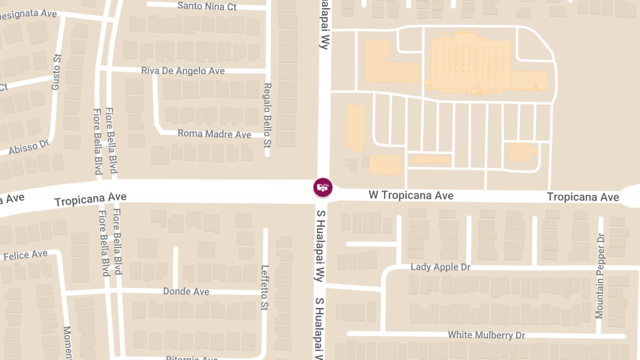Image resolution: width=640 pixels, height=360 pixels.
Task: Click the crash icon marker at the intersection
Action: [323, 187]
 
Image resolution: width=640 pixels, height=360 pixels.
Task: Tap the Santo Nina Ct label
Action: [207, 6]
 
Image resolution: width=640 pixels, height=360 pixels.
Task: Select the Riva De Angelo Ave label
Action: [183, 70]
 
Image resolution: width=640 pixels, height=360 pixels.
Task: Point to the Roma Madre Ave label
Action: [214, 134]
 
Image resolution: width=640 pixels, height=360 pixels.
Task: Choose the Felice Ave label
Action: [25, 255]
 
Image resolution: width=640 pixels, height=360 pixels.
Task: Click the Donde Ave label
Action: [186, 292]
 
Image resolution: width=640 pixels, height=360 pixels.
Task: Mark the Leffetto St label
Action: [264, 288]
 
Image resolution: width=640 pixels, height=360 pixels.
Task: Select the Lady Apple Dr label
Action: [441, 267]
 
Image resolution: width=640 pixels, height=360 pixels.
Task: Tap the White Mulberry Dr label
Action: [486, 335]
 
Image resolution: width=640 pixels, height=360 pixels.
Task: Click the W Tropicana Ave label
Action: [411, 196]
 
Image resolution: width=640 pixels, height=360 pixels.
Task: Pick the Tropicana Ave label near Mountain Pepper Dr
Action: [583, 197]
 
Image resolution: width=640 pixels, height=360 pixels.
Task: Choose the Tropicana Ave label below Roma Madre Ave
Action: [91, 199]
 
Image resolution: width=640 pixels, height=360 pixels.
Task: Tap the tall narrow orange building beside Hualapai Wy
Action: [356, 127]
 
